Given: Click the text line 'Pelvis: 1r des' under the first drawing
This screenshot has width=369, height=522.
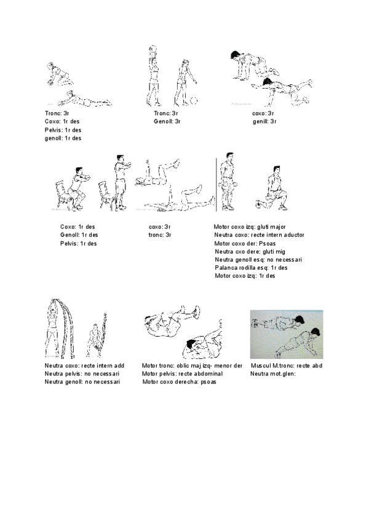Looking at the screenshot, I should coord(63,130).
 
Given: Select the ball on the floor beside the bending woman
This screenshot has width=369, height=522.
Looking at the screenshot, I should coord(194,102).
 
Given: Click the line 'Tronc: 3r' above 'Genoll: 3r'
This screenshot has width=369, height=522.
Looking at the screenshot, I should coord(166,113).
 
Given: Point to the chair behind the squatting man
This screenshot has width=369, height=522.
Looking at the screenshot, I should coord(63,193).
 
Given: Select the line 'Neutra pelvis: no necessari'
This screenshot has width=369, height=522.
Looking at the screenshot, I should coord(82,374).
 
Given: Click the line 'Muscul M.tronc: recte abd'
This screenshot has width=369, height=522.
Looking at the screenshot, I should coord(287,366).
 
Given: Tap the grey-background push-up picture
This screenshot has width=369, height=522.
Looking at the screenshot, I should coord(287,334).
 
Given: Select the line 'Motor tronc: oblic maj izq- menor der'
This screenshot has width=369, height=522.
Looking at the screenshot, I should coord(192,366).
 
